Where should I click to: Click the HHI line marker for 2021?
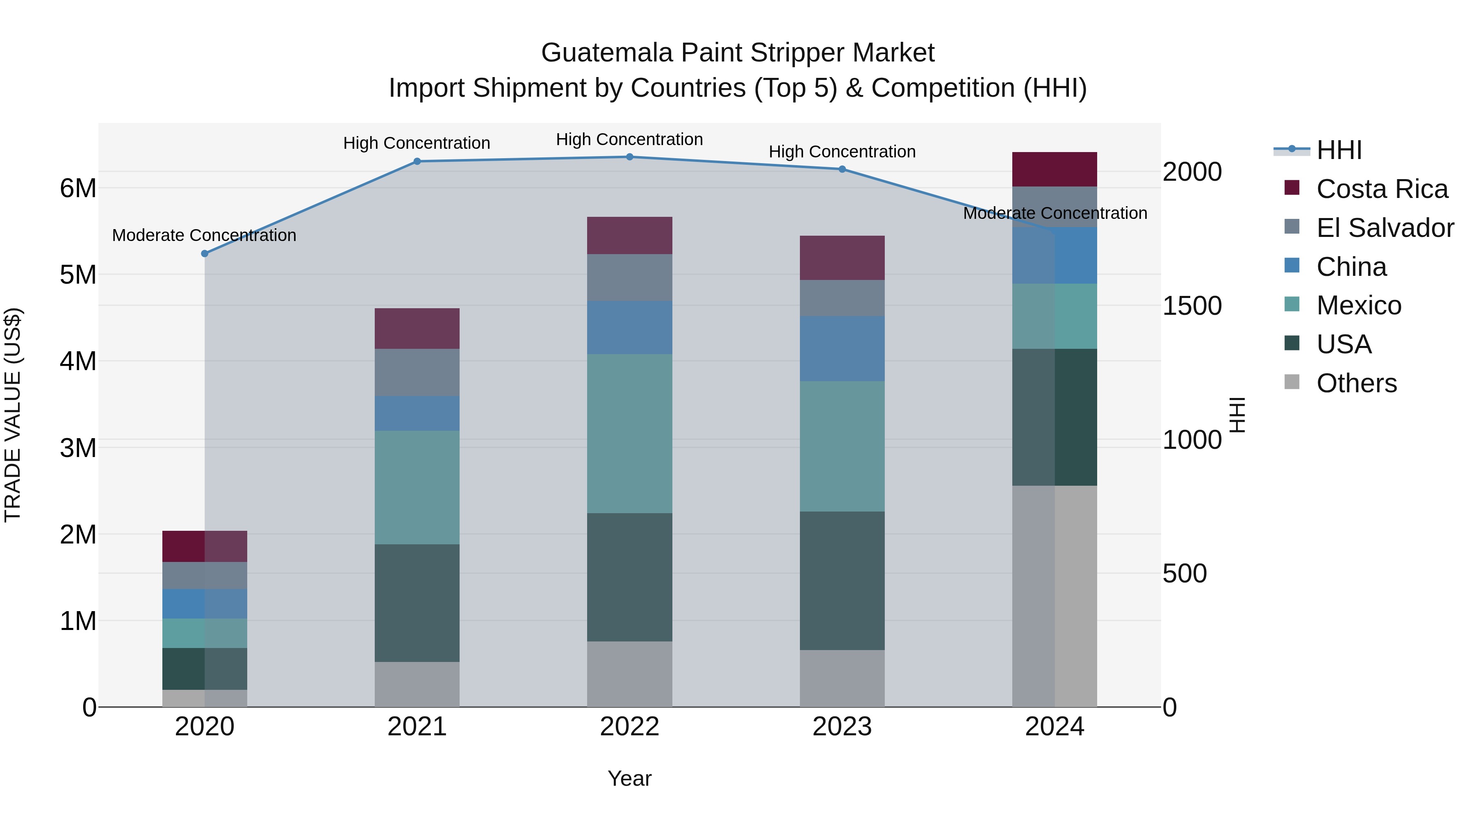(x=417, y=161)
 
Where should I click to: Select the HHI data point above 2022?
(x=630, y=157)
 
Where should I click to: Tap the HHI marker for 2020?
(x=205, y=254)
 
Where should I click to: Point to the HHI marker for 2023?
(x=842, y=169)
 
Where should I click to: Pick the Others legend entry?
(x=1356, y=383)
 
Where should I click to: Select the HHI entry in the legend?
(x=1339, y=150)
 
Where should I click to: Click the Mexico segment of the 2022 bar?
(x=630, y=434)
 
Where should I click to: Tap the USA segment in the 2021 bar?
(x=417, y=603)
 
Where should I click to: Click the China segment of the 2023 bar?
(x=842, y=349)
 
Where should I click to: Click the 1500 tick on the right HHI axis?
(x=1192, y=306)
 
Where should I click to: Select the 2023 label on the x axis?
(x=842, y=727)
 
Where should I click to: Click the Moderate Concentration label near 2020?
(x=204, y=235)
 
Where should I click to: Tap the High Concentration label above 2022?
(x=630, y=140)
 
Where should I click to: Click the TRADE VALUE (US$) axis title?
(x=13, y=415)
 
